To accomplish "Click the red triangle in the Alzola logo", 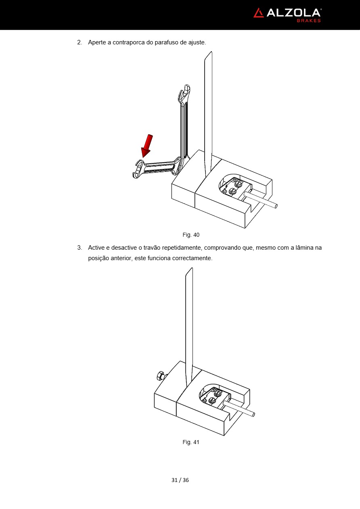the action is click(x=259, y=13).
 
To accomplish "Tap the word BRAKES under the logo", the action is click(x=309, y=21).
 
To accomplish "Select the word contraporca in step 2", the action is click(x=128, y=42).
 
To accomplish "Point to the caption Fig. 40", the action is click(x=191, y=235).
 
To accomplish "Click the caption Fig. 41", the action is click(x=191, y=442).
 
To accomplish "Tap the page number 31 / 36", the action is click(x=180, y=480).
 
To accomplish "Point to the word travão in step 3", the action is click(x=152, y=248).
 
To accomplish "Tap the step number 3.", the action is click(x=80, y=248).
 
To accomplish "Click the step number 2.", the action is click(x=80, y=42).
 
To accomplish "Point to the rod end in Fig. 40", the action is click(x=276, y=207).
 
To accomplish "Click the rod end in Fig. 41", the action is click(x=253, y=415).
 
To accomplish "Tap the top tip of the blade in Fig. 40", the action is click(x=211, y=52).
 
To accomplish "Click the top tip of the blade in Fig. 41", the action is click(x=192, y=268).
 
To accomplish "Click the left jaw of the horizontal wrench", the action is click(x=138, y=169).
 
